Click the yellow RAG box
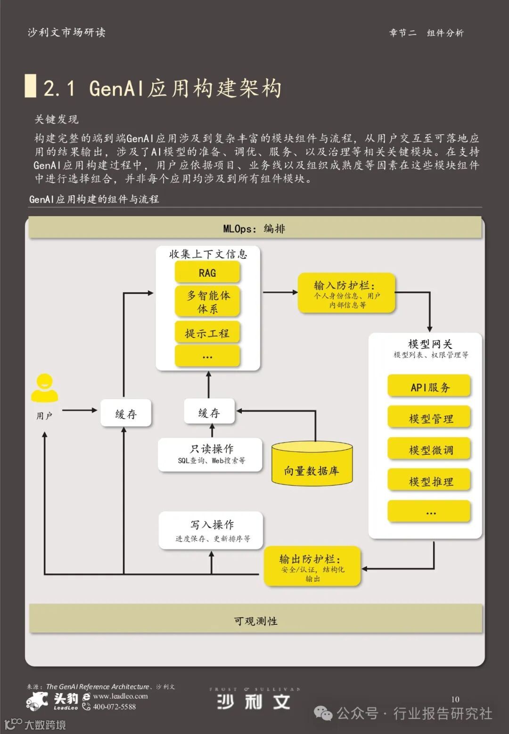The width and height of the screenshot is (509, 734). click(207, 273)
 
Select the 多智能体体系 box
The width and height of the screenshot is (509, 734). click(207, 302)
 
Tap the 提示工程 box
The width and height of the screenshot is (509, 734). click(207, 333)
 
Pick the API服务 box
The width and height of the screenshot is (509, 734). click(429, 387)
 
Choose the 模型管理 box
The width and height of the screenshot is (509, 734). click(429, 418)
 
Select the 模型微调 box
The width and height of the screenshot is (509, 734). click(429, 450)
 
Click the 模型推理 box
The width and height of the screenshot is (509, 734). click(429, 481)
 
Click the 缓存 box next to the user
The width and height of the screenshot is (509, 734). click(126, 414)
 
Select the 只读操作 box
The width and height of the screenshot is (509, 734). click(211, 454)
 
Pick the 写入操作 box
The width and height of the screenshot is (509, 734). click(211, 530)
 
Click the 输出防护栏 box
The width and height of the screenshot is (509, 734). click(312, 566)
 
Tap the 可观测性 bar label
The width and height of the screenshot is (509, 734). click(255, 621)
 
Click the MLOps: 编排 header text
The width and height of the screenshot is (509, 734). click(254, 229)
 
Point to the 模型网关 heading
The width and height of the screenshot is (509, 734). click(430, 344)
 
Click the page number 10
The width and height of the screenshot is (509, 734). click(455, 699)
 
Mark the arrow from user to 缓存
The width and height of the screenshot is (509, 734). click(80, 411)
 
